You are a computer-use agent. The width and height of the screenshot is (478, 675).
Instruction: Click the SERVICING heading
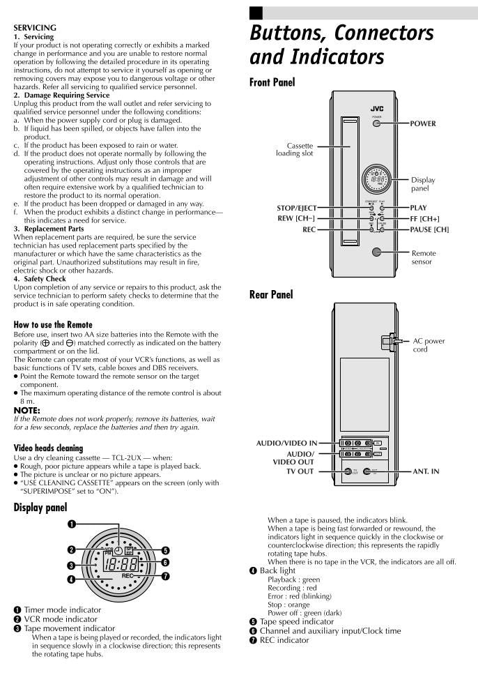[x=35, y=28]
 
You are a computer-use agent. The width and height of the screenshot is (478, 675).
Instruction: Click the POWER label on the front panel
[x=423, y=123]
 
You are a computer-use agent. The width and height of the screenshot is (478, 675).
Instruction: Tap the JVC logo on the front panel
[x=376, y=109]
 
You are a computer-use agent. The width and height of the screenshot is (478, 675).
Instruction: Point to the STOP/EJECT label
[x=296, y=208]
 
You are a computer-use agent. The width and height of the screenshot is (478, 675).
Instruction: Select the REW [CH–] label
[x=296, y=218]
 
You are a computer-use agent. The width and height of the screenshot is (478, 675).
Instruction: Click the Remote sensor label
[x=423, y=258]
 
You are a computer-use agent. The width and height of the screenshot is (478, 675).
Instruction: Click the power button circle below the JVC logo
[x=376, y=123]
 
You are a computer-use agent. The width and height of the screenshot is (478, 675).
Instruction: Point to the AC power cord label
[x=429, y=345]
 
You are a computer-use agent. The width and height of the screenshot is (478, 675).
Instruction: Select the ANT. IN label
[x=426, y=471]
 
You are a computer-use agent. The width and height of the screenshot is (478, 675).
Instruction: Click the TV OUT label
[x=301, y=471]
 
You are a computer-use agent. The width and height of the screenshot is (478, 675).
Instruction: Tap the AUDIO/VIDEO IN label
[x=286, y=443]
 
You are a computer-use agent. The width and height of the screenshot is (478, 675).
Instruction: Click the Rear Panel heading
[x=271, y=295]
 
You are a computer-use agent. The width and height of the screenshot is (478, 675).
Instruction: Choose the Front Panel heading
[x=272, y=82]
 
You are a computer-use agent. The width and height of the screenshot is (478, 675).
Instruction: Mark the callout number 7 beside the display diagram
[x=165, y=576]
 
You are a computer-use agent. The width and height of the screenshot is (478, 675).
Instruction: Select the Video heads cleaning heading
[x=48, y=448]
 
